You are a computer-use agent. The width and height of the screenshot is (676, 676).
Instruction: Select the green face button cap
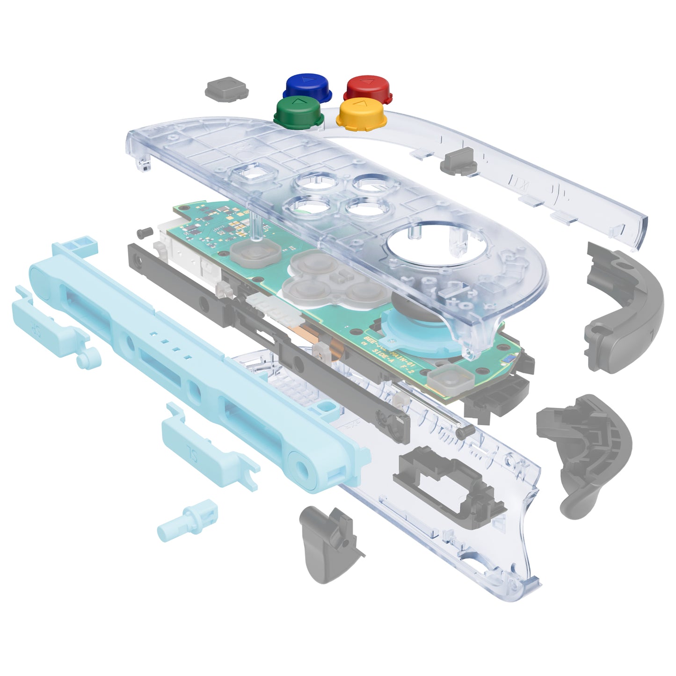click(298, 111)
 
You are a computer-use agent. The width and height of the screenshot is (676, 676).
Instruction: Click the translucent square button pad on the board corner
click(444, 379)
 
